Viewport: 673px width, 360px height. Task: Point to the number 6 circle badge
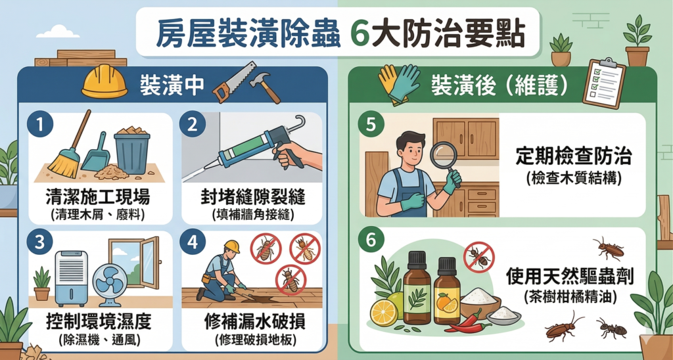(x=371, y=242)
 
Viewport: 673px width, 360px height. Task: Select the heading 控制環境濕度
(x=98, y=323)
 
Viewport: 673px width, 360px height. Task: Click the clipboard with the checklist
(x=604, y=83)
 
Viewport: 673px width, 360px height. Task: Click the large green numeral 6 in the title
(x=359, y=35)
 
